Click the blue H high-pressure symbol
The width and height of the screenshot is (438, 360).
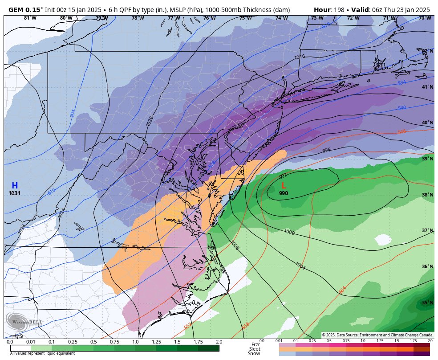[15, 185]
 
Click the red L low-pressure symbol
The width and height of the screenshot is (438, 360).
[284, 186]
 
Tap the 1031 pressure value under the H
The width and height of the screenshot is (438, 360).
[15, 193]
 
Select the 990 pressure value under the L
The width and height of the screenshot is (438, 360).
[284, 193]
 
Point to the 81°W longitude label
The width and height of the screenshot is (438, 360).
[30, 18]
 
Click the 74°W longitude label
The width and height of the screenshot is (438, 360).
[281, 18]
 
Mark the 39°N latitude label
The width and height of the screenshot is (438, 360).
[427, 159]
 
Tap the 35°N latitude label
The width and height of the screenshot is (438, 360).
[427, 303]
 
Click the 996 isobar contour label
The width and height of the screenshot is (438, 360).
[326, 150]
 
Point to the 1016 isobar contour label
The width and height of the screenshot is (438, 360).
[299, 57]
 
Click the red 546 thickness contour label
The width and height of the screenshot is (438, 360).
[402, 132]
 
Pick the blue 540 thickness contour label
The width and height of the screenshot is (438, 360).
[402, 108]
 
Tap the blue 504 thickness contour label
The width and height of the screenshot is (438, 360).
[73, 113]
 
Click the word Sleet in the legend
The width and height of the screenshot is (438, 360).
[255, 349]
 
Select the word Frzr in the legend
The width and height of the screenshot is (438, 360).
[255, 344]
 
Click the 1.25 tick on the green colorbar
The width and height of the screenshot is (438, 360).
[156, 342]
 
